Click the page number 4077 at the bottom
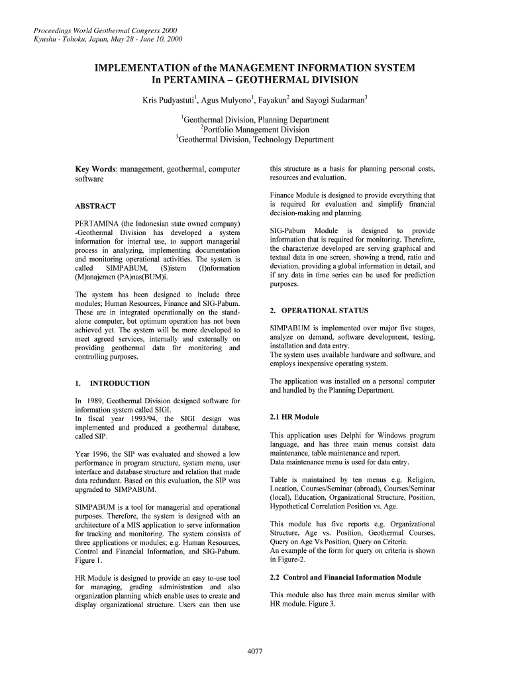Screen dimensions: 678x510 point(255,652)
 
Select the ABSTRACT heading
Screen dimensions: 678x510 point(95,206)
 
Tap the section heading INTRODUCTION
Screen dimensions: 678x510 point(119,383)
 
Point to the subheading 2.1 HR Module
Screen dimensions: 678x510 point(294,417)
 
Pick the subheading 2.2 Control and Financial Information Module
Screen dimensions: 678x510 point(346,577)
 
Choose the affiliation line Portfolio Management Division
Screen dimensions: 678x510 point(256,130)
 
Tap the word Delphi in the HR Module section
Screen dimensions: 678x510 point(362,436)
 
